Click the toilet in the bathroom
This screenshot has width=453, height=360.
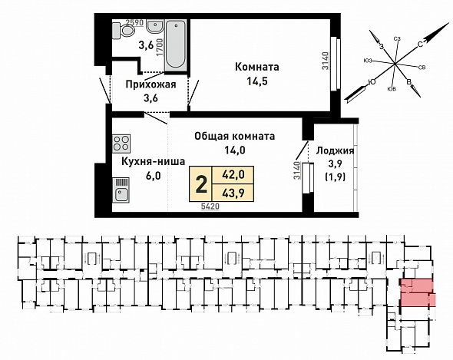click(x=124, y=30)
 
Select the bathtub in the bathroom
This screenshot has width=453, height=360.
click(x=175, y=45)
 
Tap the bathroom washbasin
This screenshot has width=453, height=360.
click(x=155, y=26)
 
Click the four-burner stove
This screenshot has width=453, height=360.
click(x=121, y=144)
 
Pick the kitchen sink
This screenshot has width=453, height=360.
click(x=121, y=190)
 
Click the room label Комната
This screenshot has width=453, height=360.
click(x=257, y=67)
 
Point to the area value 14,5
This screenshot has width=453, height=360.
click(x=257, y=81)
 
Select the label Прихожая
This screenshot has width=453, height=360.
click(x=150, y=84)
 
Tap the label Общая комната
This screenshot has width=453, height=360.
click(x=235, y=136)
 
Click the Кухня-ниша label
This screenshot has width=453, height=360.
click(x=153, y=161)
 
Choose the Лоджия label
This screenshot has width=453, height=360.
click(x=336, y=150)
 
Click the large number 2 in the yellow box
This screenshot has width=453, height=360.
click(x=201, y=185)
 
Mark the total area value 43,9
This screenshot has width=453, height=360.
click(x=233, y=193)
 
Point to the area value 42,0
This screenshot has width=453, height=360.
click(x=233, y=174)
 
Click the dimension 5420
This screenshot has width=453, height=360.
click(x=210, y=206)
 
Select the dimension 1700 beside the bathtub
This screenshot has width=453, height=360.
click(x=160, y=48)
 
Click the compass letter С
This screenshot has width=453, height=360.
click(x=420, y=45)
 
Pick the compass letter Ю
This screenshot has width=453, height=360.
click(x=372, y=83)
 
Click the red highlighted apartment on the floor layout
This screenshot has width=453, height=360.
click(x=418, y=292)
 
